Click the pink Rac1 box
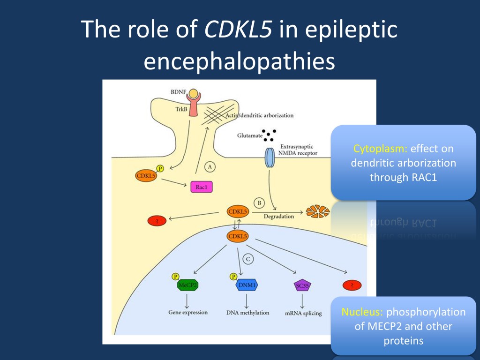[x=202, y=187]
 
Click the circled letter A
[x=210, y=166]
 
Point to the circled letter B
[x=259, y=203]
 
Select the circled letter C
[x=249, y=259]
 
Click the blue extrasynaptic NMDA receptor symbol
[x=270, y=158]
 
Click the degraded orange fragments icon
[x=317, y=211]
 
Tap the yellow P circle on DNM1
[x=233, y=277]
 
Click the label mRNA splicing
[x=303, y=313]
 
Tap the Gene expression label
[x=188, y=312]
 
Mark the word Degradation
[x=279, y=217]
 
